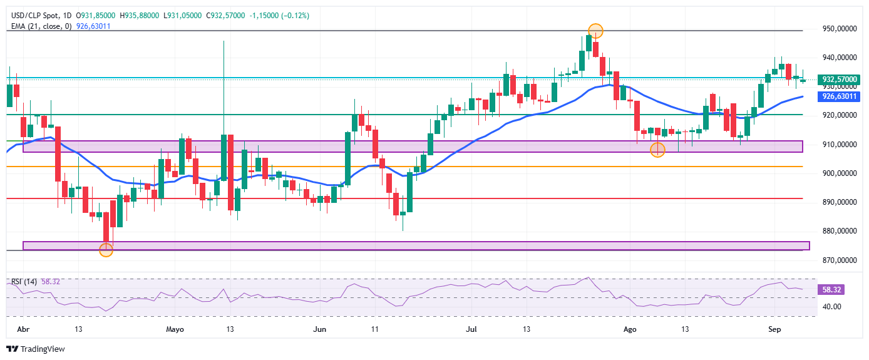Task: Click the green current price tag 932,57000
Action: coord(839,80)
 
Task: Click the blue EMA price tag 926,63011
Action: coord(839,96)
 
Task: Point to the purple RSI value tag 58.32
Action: coord(831,290)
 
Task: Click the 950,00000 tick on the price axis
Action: coord(840,29)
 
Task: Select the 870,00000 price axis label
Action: coord(840,260)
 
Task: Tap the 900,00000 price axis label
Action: coord(840,173)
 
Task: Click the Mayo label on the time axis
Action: coord(175,329)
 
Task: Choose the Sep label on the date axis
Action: coord(774,329)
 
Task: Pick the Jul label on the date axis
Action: coord(471,329)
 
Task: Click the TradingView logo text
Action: coord(43,349)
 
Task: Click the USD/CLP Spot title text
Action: coord(35,16)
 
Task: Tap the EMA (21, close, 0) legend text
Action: coord(41,26)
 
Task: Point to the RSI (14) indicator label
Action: coord(24,282)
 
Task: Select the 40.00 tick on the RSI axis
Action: coord(832,306)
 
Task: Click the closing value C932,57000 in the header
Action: coord(225,16)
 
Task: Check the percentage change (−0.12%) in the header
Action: coord(296,16)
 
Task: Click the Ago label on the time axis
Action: coord(630,329)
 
